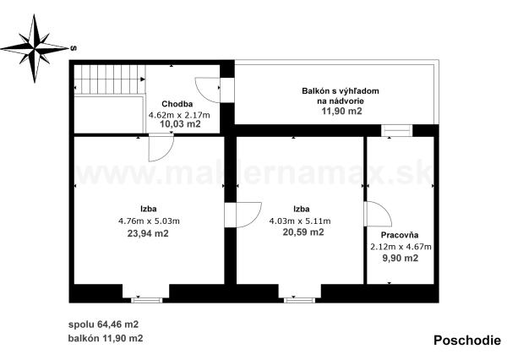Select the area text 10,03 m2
(x=180, y=124)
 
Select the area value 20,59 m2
(x=303, y=232)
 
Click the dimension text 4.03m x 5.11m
(x=301, y=221)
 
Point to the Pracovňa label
(x=401, y=234)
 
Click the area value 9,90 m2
(x=401, y=258)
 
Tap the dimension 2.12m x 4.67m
(x=401, y=247)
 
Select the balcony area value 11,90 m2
(x=341, y=111)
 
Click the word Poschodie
(x=466, y=341)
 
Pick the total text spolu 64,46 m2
(x=104, y=324)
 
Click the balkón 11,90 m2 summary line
(x=106, y=338)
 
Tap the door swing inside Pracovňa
(x=378, y=215)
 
